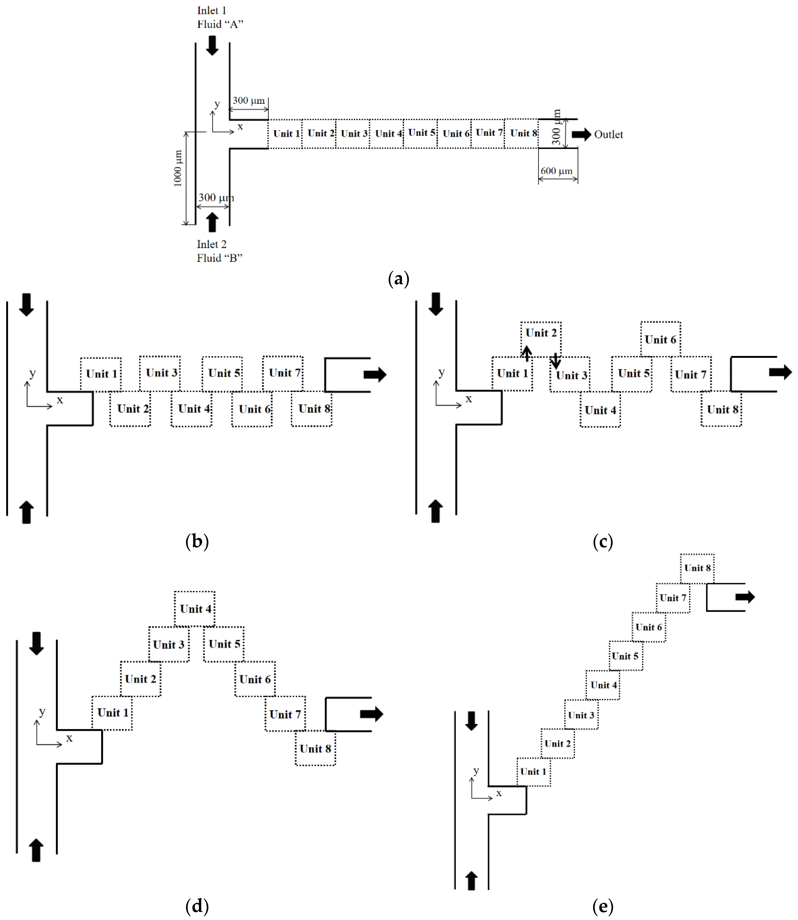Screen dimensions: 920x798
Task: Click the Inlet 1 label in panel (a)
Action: tap(212, 10)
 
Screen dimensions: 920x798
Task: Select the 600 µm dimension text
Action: tap(556, 171)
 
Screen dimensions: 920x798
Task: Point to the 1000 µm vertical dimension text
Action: tap(177, 168)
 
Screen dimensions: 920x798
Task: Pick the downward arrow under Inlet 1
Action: tap(212, 45)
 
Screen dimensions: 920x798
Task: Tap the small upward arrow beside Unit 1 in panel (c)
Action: tap(526, 353)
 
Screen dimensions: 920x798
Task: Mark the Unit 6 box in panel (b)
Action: tap(252, 409)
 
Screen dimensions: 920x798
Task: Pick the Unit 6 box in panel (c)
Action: tap(660, 339)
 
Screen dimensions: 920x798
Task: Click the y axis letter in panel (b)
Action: tap(32, 373)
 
